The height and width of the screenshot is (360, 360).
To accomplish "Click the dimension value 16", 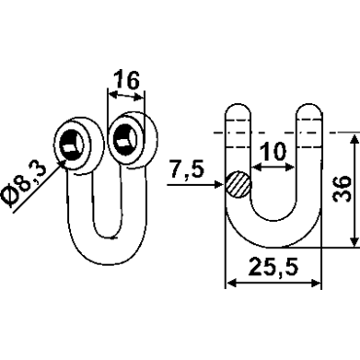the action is pyautogui.click(x=127, y=80).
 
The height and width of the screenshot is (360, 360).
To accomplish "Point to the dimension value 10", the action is pyautogui.click(x=273, y=152).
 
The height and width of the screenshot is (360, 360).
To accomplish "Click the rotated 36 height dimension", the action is pyautogui.click(x=342, y=190).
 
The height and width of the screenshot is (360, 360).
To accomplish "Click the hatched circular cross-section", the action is pyautogui.click(x=238, y=184).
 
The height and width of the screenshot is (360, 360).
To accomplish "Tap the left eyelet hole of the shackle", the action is pyautogui.click(x=72, y=145).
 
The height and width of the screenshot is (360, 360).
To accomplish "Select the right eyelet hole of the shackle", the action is pyautogui.click(x=125, y=138).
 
